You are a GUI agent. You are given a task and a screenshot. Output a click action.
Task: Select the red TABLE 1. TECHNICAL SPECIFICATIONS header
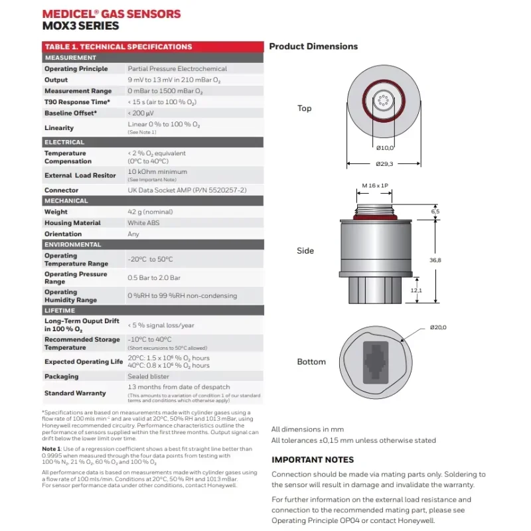tap(117, 46)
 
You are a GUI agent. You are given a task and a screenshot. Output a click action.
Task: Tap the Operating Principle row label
tap(76, 68)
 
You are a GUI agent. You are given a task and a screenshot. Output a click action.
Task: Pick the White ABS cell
tap(143, 223)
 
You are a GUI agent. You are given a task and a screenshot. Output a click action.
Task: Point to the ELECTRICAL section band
tap(64, 142)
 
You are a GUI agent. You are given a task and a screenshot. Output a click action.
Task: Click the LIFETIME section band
tap(60, 310)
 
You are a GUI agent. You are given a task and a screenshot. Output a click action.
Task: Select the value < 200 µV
tap(141, 113)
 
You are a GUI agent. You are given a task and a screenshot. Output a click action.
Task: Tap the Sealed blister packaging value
tap(147, 376)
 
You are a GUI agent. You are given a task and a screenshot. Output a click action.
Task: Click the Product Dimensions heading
tap(313, 46)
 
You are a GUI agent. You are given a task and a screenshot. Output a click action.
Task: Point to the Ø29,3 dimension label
tap(384, 163)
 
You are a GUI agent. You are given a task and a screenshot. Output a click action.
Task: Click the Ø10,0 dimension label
tap(384, 148)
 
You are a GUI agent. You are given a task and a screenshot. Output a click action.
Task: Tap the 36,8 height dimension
tap(435, 260)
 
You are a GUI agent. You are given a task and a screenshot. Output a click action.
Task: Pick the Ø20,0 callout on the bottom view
tap(438, 327)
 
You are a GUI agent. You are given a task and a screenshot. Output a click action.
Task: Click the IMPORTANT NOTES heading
tap(313, 459)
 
